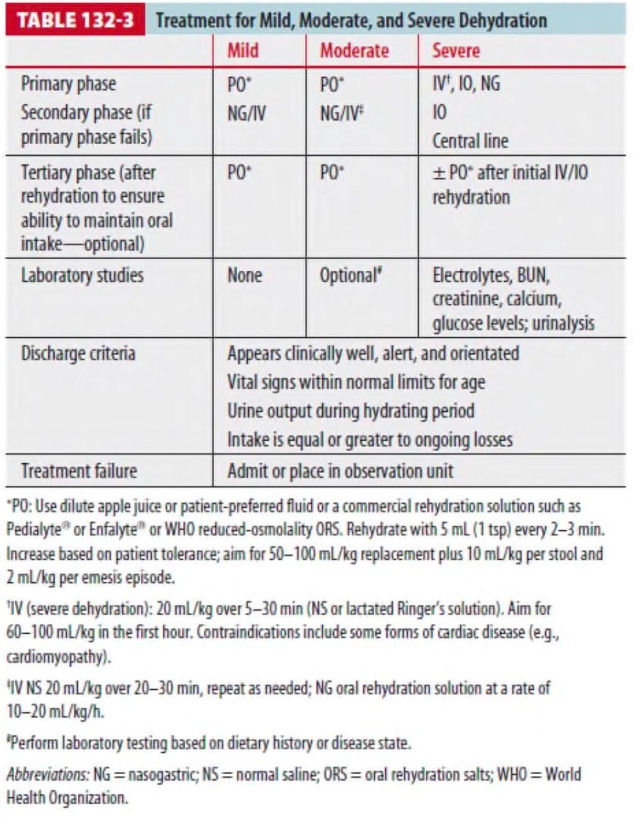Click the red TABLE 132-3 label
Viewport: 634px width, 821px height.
(75, 20)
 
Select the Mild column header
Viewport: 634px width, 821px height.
(243, 51)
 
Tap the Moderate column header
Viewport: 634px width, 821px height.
(354, 51)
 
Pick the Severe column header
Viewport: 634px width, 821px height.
(456, 51)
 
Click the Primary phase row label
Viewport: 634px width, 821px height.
(69, 84)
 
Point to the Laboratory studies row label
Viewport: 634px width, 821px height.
(82, 275)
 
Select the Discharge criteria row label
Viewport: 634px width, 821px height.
(78, 353)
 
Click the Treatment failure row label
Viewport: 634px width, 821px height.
(78, 470)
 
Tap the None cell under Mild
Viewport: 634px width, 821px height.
(244, 275)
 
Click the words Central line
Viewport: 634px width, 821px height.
(470, 141)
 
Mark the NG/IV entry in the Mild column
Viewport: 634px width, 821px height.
(246, 114)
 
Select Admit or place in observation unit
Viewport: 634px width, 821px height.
(340, 470)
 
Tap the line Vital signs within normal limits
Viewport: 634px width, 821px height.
(356, 382)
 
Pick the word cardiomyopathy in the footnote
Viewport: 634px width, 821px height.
(54, 657)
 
